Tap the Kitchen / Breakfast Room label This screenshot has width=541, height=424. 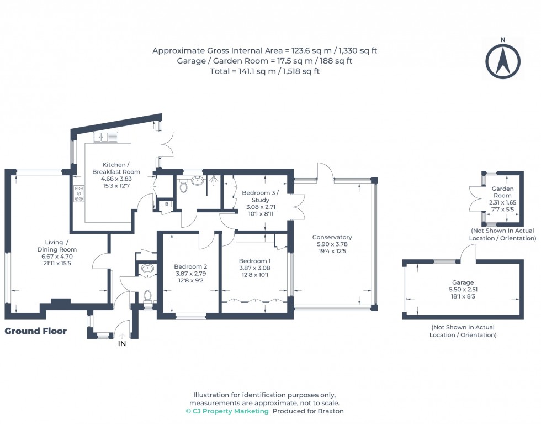point(116,168)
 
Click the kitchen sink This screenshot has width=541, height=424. point(105,137)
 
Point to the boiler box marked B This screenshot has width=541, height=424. point(166,205)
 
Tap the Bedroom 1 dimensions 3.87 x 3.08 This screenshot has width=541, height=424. point(254,269)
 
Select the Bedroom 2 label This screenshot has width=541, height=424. point(190,266)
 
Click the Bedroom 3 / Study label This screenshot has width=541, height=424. point(261,196)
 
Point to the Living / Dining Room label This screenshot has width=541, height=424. point(61,245)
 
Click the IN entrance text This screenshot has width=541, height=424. point(122,344)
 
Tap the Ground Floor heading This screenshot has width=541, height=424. point(36,331)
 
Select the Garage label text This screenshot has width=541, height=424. point(463,282)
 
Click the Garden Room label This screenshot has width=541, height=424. point(503,192)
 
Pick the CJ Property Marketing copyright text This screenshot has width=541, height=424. point(227,411)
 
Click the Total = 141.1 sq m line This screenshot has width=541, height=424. point(265,71)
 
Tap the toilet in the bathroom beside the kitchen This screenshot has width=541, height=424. point(184,186)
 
